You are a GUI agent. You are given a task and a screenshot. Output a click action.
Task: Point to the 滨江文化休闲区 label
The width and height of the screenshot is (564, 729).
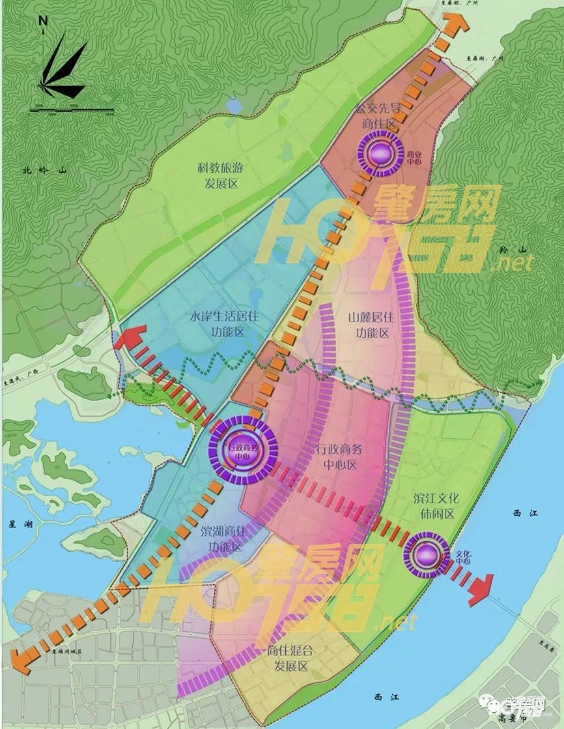coord(436,506)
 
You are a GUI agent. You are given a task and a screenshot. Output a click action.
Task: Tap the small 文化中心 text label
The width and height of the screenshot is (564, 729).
coord(463,557)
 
